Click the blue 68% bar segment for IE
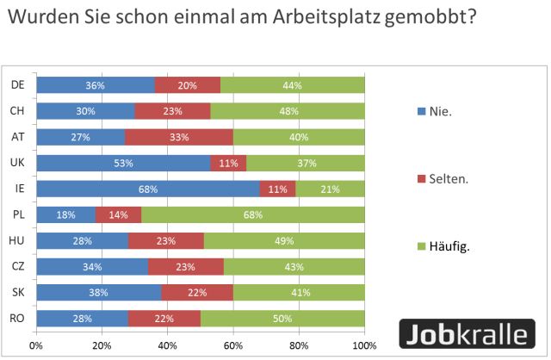click(148, 188)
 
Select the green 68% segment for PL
click(253, 214)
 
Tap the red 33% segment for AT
click(178, 136)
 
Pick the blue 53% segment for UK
click(123, 162)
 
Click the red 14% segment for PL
click(119, 214)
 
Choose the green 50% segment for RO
click(282, 317)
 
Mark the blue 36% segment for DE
click(95, 84)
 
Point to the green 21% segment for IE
click(331, 188)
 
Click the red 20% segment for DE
click(187, 84)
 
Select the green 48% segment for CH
click(287, 110)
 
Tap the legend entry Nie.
click(439, 111)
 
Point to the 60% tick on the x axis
click(233, 346)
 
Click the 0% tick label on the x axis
click(36, 346)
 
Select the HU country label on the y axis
click(16, 239)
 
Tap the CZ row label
click(16, 265)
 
